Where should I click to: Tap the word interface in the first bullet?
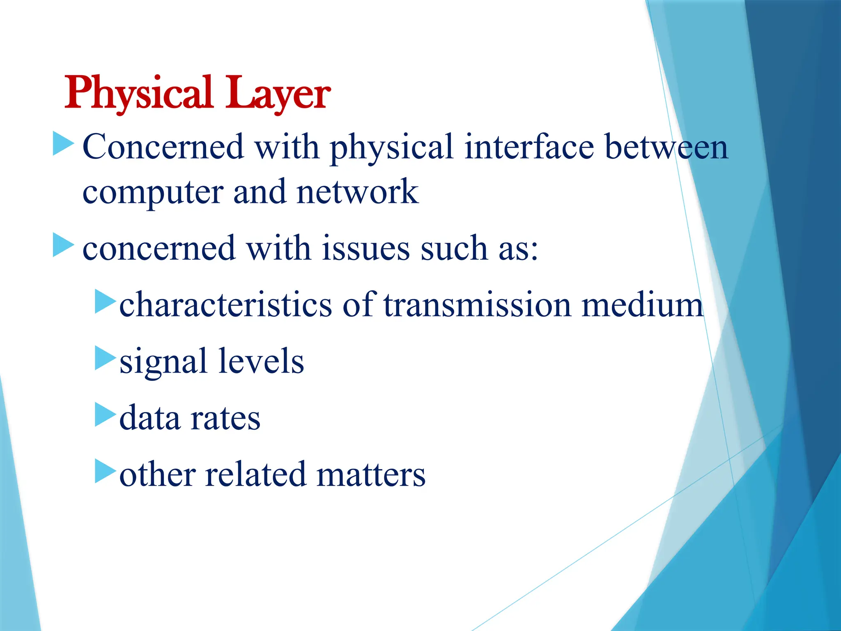[x=529, y=147]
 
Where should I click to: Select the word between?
[x=666, y=147]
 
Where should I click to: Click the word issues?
[x=365, y=249]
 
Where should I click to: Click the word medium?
[x=642, y=304]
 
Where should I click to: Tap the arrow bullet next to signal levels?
[x=105, y=358]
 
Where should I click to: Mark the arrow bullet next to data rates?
[x=105, y=415]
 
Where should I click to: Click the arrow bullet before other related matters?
[x=105, y=471]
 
